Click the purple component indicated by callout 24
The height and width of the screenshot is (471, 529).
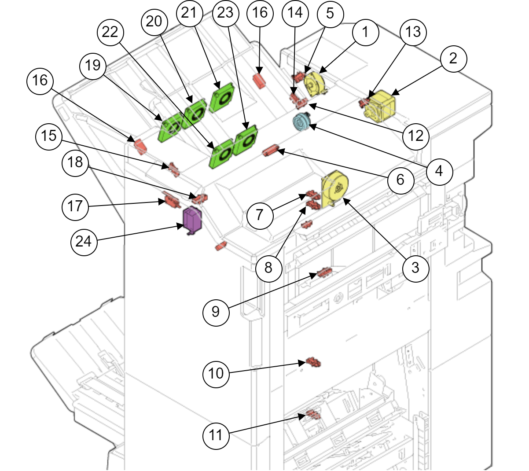pyautogui.click(x=192, y=219)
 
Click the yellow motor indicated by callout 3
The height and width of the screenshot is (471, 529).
pyautogui.click(x=335, y=188)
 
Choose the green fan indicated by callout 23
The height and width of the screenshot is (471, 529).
pyautogui.click(x=246, y=140)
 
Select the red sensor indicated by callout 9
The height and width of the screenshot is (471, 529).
pyautogui.click(x=324, y=273)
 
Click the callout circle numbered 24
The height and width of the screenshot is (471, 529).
pyautogui.click(x=84, y=241)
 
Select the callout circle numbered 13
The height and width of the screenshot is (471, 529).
pyautogui.click(x=413, y=32)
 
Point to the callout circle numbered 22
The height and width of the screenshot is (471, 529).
pyautogui.click(x=110, y=32)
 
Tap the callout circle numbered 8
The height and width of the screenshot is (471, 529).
pyautogui.click(x=268, y=267)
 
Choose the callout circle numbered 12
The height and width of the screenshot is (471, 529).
pyautogui.click(x=416, y=136)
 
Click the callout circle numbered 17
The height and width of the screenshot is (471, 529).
pyautogui.click(x=75, y=206)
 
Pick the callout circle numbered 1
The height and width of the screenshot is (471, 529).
pyautogui.click(x=365, y=32)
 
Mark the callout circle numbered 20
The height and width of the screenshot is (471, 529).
pyautogui.click(x=154, y=21)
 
